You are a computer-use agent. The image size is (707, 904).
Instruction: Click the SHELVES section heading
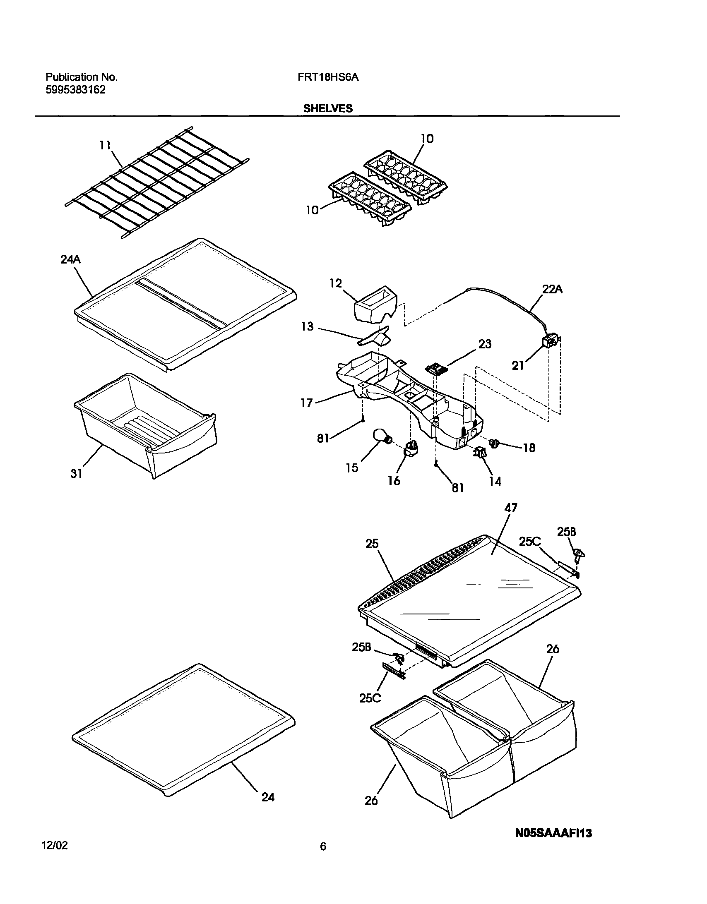point(327,108)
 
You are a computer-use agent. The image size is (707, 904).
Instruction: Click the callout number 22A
point(553,290)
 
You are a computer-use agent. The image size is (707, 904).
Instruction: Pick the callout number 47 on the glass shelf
point(510,508)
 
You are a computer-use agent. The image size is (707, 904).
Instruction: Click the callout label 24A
point(70,259)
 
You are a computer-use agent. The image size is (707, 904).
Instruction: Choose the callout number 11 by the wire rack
point(105,145)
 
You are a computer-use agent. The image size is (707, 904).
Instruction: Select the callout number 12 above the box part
point(336,283)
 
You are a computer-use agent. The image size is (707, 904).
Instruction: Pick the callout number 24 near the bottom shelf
point(268,797)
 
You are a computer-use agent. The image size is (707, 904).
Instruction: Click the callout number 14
point(495,481)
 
